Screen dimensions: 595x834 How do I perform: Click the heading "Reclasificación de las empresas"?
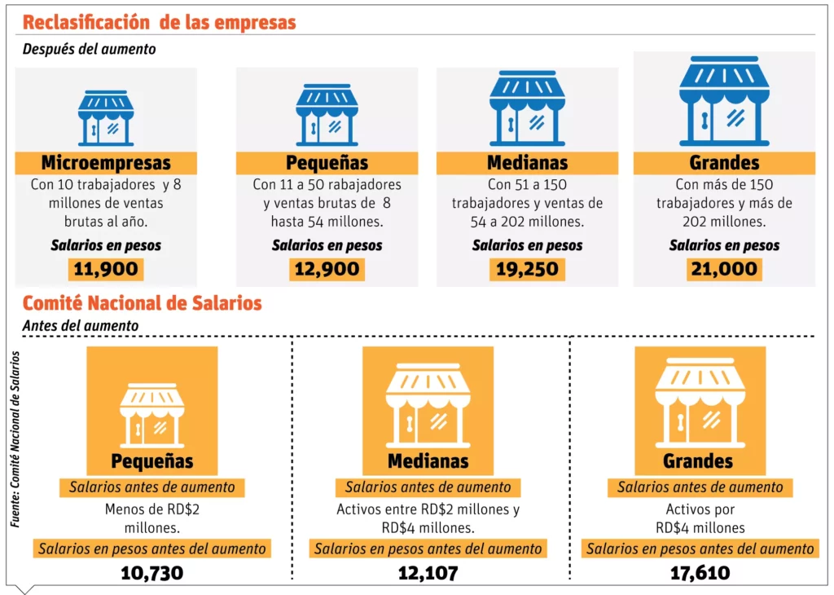click(159, 22)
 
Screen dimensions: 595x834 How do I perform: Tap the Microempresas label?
click(106, 162)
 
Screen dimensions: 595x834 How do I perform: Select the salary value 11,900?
click(106, 269)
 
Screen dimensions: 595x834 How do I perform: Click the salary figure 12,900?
click(327, 269)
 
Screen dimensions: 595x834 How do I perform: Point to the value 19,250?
click(527, 269)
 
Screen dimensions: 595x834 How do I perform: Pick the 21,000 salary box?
click(724, 269)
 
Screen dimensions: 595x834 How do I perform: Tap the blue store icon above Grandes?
click(724, 100)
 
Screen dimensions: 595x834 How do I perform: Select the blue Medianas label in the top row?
click(527, 162)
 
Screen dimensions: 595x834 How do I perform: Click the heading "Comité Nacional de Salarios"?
click(143, 303)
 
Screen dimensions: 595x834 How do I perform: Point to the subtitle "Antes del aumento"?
click(81, 325)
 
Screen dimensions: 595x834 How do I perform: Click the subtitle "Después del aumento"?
click(89, 49)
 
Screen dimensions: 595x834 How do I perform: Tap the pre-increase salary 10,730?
click(151, 573)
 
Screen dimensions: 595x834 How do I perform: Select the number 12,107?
click(428, 573)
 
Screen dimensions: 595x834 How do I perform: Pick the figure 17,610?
click(700, 573)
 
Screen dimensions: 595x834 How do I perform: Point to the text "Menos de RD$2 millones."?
click(152, 518)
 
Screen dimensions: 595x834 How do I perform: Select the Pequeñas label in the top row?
click(327, 162)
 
